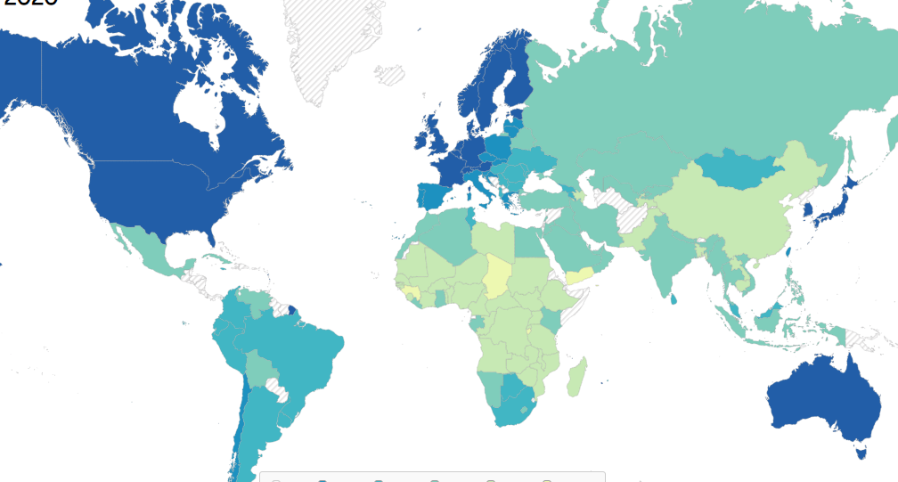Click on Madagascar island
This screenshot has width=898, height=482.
click(577, 377)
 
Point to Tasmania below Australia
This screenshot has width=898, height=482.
click(861, 452)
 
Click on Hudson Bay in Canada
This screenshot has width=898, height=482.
click(198, 107)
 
